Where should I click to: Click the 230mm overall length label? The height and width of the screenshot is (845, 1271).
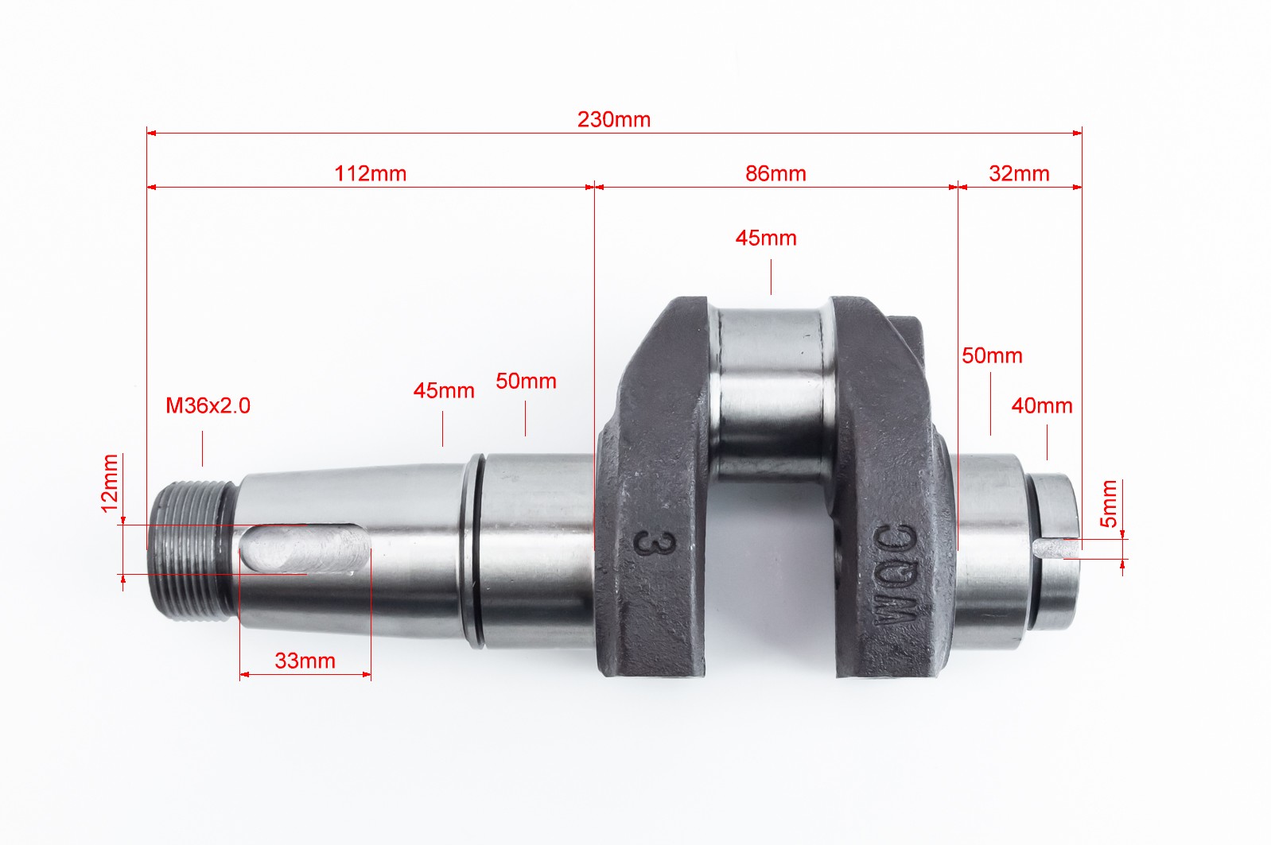coord(614,120)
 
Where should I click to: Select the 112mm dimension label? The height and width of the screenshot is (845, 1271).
coord(371,173)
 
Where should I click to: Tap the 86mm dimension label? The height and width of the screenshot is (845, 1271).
coord(775,173)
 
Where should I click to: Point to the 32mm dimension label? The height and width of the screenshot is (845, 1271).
coord(1019,173)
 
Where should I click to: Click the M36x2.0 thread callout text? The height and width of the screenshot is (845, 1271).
coord(208,405)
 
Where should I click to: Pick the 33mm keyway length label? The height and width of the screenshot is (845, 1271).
coord(305,661)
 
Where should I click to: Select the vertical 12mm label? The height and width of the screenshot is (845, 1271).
coord(110,483)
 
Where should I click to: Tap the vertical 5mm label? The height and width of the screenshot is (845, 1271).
coord(1109,504)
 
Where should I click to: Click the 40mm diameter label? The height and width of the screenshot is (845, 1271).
coord(1042,405)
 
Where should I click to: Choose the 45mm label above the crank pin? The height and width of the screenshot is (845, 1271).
coord(766,238)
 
